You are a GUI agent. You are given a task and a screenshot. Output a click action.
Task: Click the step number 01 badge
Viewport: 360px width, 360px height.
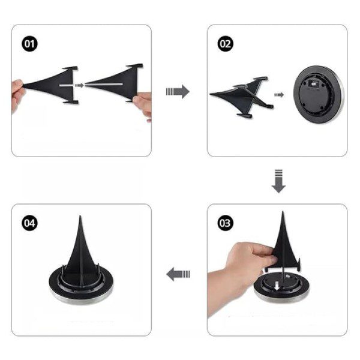tap(29, 44)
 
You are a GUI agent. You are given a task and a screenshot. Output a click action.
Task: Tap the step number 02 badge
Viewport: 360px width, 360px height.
tap(225, 44)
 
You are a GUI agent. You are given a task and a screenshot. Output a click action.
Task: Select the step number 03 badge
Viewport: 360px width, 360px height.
tap(225, 223)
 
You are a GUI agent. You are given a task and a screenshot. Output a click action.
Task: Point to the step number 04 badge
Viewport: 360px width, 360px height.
tap(29, 223)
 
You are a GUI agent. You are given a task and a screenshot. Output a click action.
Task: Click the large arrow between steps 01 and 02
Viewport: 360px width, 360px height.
tap(178, 92)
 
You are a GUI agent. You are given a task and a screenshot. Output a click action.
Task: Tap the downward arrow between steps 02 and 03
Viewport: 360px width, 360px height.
tap(278, 181)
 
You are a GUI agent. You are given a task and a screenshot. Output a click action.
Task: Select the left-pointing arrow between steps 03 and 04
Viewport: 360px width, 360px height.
tap(178, 274)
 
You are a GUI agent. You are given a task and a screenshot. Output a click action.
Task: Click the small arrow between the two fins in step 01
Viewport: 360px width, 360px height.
tap(79, 85)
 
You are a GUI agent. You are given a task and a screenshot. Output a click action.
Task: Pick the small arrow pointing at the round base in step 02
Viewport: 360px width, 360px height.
tap(279, 95)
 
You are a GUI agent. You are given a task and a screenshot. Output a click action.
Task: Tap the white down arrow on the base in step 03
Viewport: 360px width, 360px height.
tap(277, 286)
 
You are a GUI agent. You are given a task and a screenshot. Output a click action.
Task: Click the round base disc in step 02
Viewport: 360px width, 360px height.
tap(319, 94)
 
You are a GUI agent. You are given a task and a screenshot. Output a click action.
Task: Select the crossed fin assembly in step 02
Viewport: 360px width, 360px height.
tap(242, 97)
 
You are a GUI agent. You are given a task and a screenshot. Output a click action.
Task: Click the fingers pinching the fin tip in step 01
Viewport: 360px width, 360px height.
tap(17, 94)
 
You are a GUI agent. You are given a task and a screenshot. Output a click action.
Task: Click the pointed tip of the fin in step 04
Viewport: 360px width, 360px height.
tap(80, 216)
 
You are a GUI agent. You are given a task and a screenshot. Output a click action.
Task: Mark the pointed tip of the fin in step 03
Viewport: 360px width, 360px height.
tap(283, 212)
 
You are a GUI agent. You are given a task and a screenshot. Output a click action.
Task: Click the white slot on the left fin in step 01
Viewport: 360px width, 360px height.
tap(67, 85)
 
